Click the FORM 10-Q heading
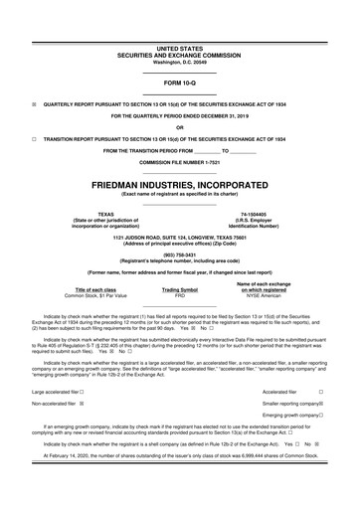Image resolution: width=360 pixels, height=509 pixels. (180, 83)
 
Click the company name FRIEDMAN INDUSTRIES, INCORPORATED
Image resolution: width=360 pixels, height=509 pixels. (180, 186)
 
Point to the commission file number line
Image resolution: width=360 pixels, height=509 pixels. (180, 161)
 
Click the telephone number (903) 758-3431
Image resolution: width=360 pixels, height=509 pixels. (180, 254)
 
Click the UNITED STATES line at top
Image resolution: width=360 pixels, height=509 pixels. (180, 47)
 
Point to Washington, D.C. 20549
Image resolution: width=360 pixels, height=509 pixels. (180, 62)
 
